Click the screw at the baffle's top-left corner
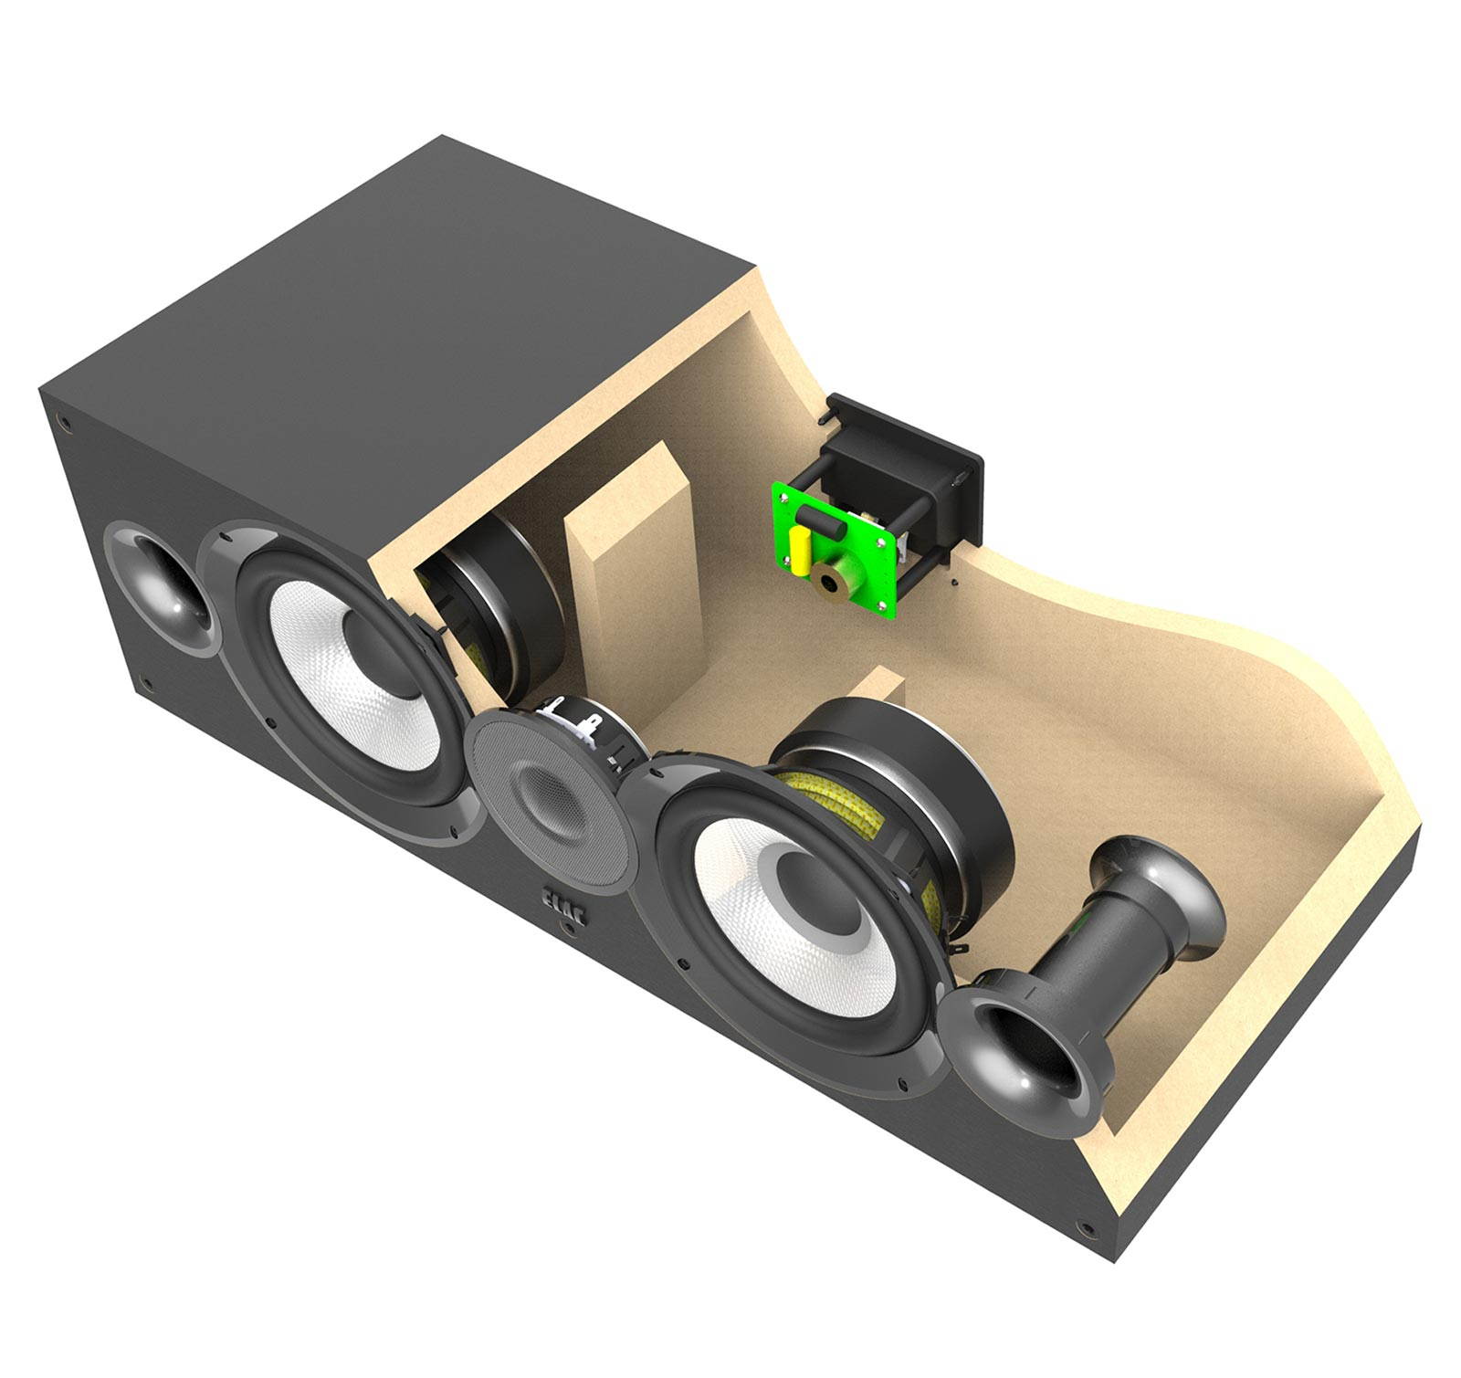click(63, 421)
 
